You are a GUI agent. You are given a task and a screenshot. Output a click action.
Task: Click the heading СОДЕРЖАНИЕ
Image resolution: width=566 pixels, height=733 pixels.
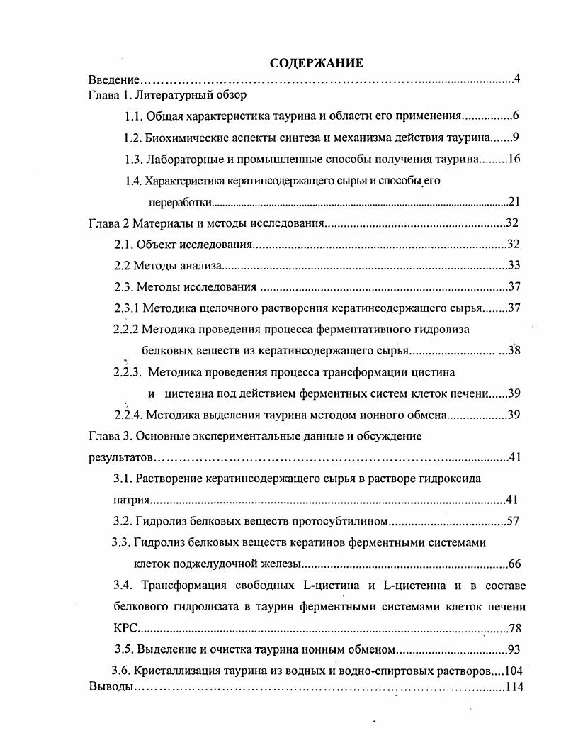[317, 63]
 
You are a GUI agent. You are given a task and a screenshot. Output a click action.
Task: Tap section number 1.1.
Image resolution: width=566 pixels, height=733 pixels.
[135, 116]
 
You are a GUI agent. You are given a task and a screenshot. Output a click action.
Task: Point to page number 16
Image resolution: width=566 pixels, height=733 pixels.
[514, 158]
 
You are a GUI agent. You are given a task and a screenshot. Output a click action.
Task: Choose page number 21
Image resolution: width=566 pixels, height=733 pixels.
[515, 202]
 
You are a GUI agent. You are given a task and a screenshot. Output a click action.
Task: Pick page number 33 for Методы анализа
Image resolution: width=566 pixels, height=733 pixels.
[515, 266]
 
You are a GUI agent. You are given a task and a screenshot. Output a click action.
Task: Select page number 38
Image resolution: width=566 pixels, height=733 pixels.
[515, 350]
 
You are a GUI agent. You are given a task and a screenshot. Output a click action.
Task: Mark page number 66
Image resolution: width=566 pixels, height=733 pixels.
[515, 564]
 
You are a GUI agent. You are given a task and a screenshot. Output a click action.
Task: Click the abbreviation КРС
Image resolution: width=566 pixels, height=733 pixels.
[125, 628]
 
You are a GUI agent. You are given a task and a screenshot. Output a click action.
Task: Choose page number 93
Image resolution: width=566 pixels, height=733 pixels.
[515, 649]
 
